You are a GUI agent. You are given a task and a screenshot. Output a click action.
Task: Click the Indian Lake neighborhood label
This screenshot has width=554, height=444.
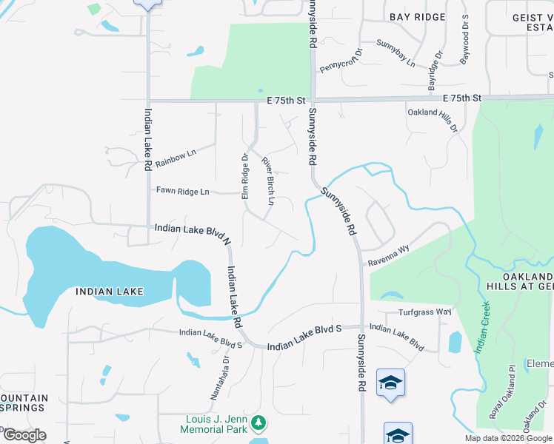click(110, 292)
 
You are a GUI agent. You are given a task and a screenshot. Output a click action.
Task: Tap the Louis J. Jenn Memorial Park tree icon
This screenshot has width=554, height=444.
click(258, 423)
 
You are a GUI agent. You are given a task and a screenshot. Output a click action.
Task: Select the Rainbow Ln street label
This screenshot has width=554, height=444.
click(175, 153)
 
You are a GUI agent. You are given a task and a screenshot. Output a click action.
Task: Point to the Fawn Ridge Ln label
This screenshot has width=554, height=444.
click(182, 191)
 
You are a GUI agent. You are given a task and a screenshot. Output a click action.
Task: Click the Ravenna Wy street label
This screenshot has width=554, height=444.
click(389, 256)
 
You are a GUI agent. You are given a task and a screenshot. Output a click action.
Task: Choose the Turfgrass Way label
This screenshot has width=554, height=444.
click(424, 312)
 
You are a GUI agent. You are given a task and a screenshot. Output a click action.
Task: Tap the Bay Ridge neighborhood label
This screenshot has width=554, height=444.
click(418, 16)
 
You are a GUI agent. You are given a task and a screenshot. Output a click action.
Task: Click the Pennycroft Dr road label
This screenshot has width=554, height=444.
click(340, 60)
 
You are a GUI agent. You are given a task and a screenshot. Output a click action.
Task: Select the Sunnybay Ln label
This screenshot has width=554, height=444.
click(396, 53)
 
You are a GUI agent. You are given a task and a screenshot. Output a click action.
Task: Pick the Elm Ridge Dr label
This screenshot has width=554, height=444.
click(244, 176)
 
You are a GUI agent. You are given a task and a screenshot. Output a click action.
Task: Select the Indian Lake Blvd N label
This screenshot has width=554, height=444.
click(193, 231)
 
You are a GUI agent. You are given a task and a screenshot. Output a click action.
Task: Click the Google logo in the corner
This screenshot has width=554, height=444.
click(24, 434)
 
